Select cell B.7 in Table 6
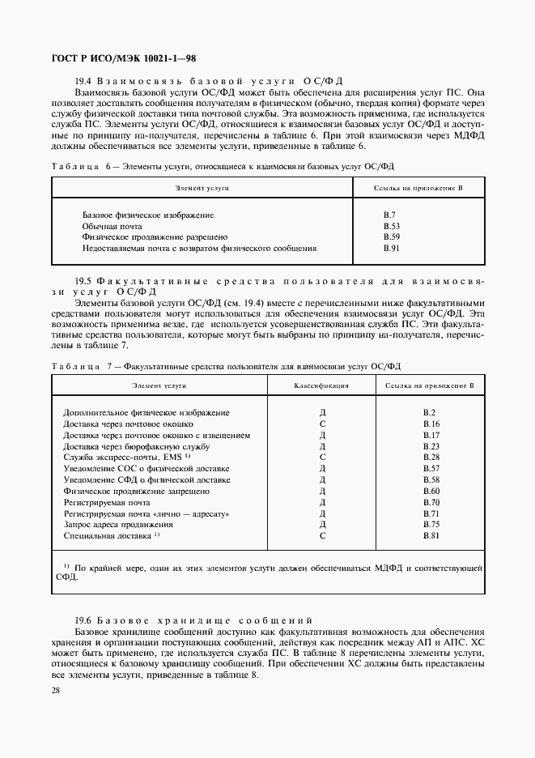[389, 215]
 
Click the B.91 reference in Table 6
[392, 249]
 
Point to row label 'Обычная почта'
[113, 226]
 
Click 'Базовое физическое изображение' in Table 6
[148, 215]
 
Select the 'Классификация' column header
[321, 386]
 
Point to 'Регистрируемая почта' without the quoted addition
[107, 502]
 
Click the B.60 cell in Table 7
[431, 491]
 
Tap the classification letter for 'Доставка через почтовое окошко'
[322, 424]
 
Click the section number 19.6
[86, 619]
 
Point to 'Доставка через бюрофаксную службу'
[137, 446]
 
